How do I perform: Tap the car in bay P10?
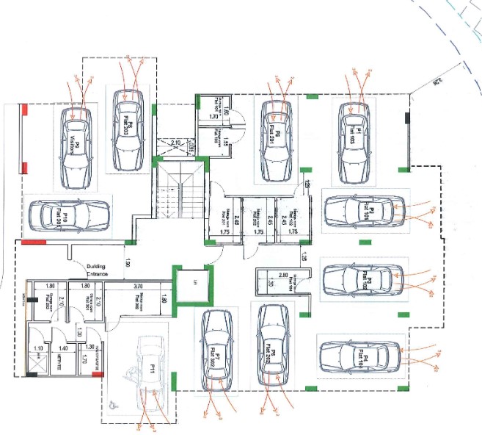tap(67, 216)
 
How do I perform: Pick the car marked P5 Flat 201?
tap(277, 140)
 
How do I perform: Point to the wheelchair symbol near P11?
tap(112, 403)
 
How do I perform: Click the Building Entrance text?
tap(97, 270)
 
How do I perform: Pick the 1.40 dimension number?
tap(64, 348)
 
